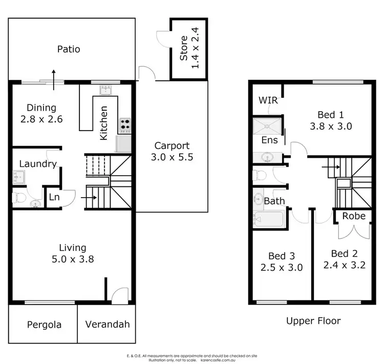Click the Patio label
click(68, 50)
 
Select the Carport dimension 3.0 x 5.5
click(173, 158)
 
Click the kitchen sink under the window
click(106, 90)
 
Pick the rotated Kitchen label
click(104, 123)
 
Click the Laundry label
click(37, 164)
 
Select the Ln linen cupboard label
click(54, 197)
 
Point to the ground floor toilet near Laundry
click(19, 197)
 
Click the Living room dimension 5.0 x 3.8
click(72, 259)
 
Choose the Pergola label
click(44, 325)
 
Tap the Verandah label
click(108, 325)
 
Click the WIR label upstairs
click(268, 100)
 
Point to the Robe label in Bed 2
click(354, 216)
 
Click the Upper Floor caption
click(313, 322)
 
